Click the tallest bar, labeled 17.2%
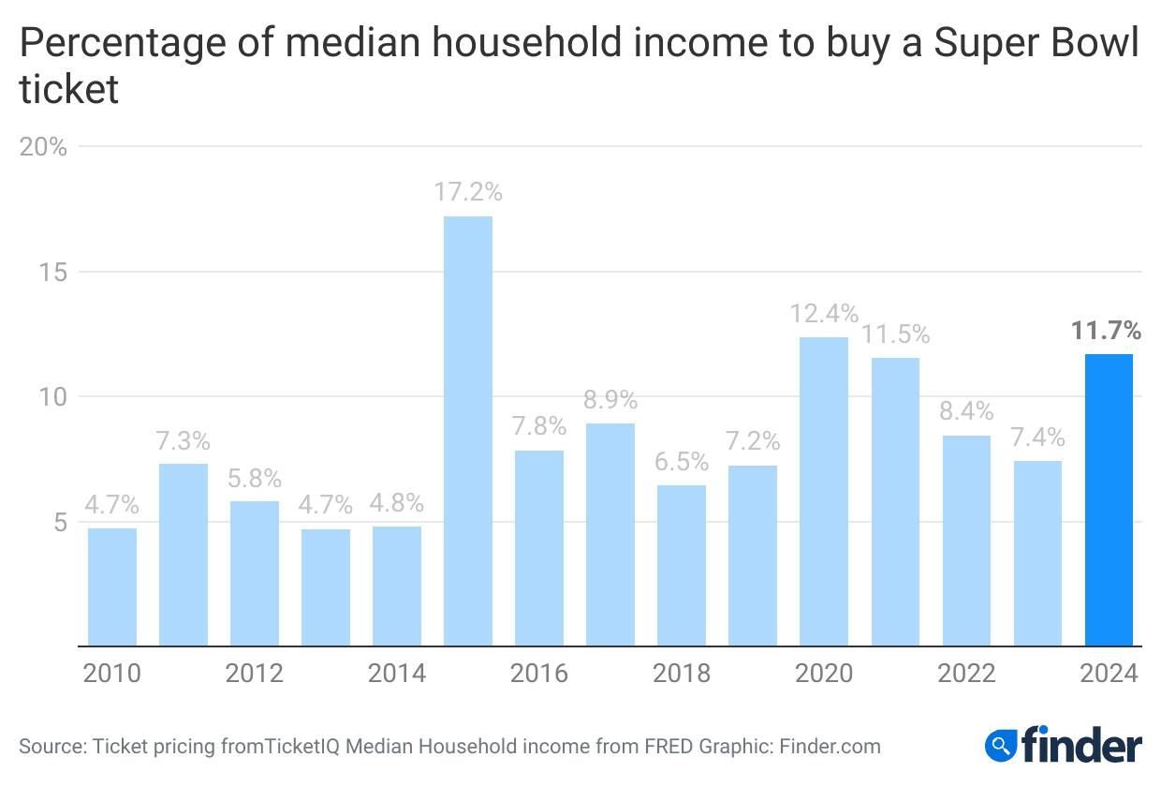(x=468, y=431)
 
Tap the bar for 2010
(x=112, y=587)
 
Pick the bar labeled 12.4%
(x=824, y=491)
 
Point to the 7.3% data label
(x=184, y=440)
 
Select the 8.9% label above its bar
(x=610, y=400)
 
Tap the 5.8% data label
(x=255, y=478)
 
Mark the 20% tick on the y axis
(x=44, y=147)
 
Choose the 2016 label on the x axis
(x=538, y=674)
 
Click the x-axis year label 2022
(x=965, y=674)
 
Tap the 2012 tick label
(x=254, y=674)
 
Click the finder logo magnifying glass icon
(x=1000, y=746)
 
